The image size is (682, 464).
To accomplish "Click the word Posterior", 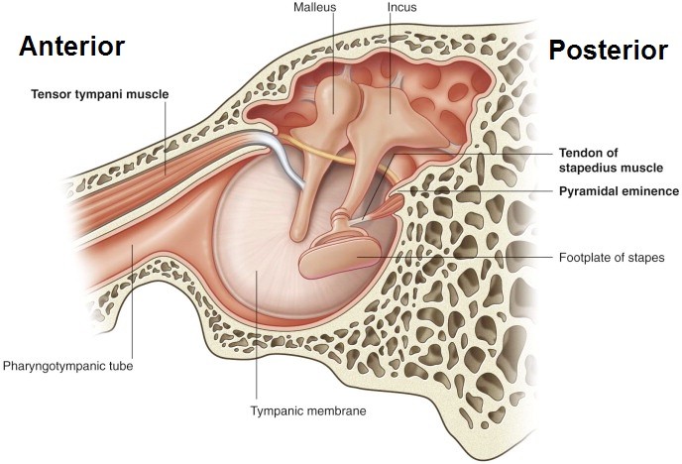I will click(608, 51).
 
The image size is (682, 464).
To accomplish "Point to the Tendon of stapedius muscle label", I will click(607, 161).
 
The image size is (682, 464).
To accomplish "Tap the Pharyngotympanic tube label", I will click(67, 366).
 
